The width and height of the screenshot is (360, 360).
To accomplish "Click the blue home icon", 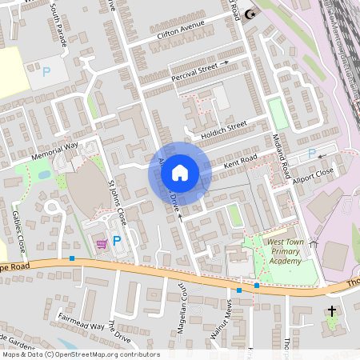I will (180, 171).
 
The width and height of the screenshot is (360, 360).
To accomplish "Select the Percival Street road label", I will (194, 71).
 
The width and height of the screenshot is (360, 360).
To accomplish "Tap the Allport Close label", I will (314, 173).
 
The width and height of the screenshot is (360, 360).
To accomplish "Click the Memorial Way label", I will (54, 149).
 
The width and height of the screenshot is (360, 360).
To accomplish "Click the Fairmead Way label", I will (81, 321).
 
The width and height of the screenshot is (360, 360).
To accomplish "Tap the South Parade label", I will (58, 25).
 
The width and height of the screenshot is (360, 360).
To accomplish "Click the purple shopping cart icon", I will (102, 243).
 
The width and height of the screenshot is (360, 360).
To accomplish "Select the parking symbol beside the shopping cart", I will (117, 240).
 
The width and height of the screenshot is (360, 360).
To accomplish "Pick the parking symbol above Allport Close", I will (312, 153).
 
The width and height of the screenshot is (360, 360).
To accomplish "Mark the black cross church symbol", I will (331, 310).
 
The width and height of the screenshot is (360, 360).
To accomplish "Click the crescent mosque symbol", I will (251, 13).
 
